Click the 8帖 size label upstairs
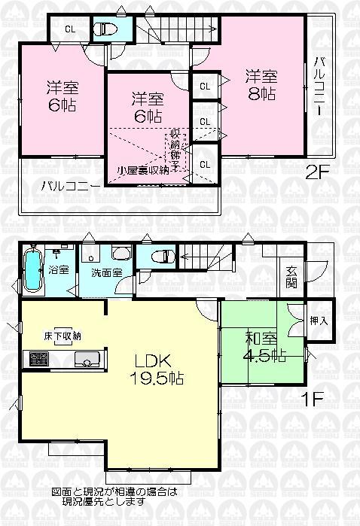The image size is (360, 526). point(261,94)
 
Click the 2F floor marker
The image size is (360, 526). point(317,172)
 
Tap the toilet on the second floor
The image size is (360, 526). point(104,29)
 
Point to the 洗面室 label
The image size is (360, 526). point(107,272)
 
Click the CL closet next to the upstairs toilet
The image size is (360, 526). point(69,30)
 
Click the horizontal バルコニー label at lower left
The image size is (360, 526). point(66,184)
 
